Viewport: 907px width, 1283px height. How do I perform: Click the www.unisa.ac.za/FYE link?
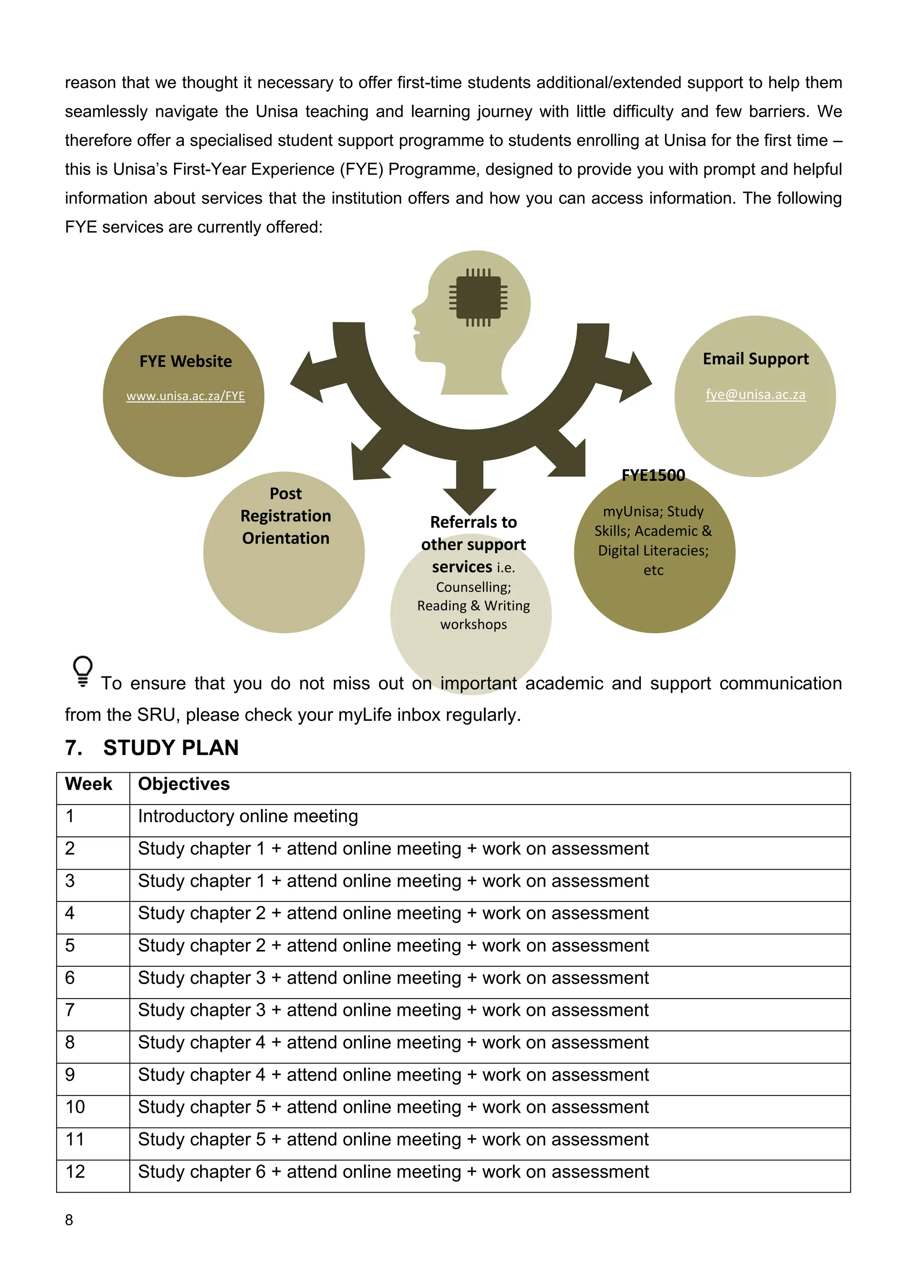point(186,396)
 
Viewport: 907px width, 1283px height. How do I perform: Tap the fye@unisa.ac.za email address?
point(755,394)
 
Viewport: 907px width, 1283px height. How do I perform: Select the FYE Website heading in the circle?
point(186,362)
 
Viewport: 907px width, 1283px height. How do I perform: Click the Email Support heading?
point(755,359)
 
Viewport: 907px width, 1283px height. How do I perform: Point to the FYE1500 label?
point(653,475)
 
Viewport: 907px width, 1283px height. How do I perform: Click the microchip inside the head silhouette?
point(478,298)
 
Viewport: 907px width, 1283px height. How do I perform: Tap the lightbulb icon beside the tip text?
point(83,671)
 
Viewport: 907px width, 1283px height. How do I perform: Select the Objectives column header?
point(184,784)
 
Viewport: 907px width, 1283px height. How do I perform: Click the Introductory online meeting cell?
point(248,816)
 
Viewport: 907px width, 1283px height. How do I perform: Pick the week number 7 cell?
point(70,1010)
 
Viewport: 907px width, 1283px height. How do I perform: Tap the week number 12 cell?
point(75,1172)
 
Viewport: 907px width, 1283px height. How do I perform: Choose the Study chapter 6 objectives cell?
point(393,1172)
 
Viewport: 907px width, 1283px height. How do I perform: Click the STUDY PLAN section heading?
point(171,748)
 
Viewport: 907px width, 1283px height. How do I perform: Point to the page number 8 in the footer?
point(69,1221)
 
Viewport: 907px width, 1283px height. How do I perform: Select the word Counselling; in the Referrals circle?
point(473,587)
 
